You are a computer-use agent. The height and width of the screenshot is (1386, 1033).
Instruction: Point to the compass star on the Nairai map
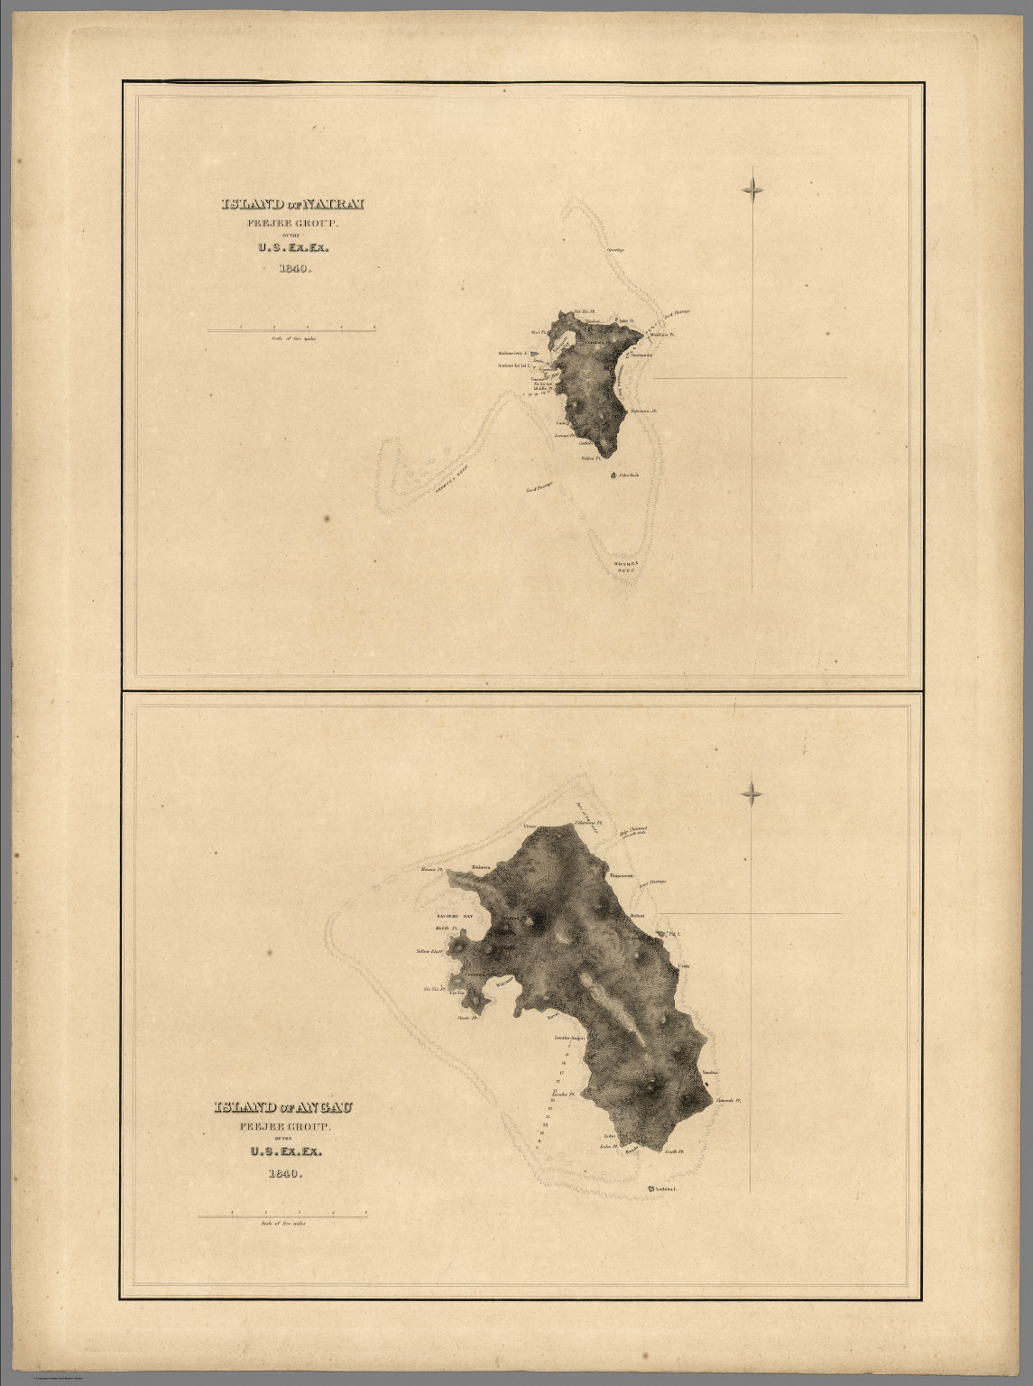[752, 189]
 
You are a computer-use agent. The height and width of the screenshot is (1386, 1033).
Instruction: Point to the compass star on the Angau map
[752, 794]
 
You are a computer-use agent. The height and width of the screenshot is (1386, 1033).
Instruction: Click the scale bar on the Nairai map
[291, 330]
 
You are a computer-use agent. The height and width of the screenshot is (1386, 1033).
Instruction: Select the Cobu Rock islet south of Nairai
[615, 475]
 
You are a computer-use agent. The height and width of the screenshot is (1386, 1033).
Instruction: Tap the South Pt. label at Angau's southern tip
[675, 1152]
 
